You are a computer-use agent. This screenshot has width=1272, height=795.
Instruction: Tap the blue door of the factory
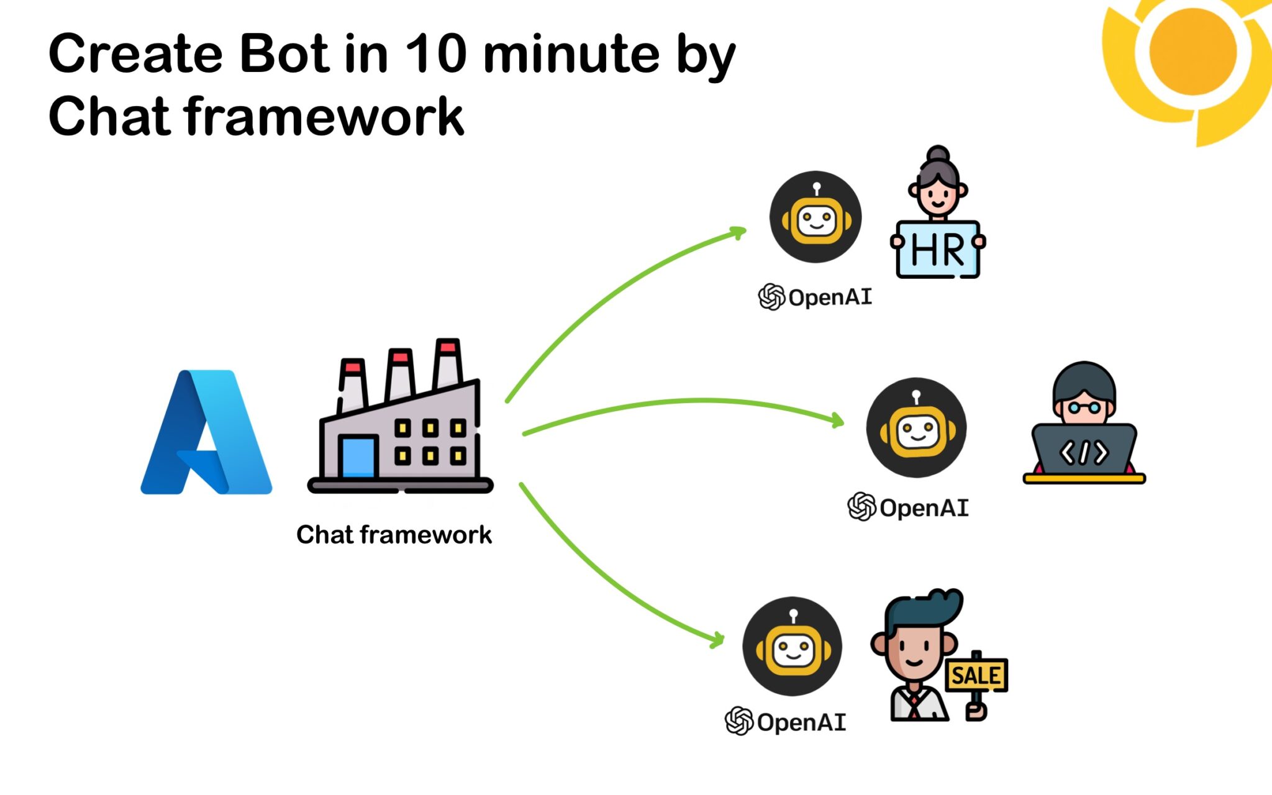click(x=358, y=457)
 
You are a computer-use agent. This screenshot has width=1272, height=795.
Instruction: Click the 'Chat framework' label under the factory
click(x=394, y=535)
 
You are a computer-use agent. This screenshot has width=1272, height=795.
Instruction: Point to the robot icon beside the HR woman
click(x=815, y=217)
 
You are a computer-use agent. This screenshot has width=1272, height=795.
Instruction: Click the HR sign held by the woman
click(x=938, y=250)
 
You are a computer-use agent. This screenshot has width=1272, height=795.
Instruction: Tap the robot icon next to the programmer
click(x=916, y=428)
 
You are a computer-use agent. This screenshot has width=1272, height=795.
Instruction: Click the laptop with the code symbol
click(x=1084, y=450)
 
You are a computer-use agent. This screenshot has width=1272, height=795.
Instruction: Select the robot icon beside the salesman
click(x=793, y=647)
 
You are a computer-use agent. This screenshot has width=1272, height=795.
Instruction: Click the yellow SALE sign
click(x=976, y=675)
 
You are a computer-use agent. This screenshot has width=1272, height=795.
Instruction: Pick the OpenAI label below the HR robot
click(x=815, y=297)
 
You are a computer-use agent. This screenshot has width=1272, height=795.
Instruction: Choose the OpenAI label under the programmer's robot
click(x=908, y=507)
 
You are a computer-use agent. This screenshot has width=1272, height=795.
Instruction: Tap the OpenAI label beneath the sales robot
click(x=786, y=722)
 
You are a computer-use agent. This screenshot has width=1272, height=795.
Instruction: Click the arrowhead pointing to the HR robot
click(x=739, y=232)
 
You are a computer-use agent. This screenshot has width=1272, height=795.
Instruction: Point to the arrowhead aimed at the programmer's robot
click(x=838, y=420)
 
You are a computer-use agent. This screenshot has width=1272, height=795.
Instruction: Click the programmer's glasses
click(x=1084, y=408)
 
